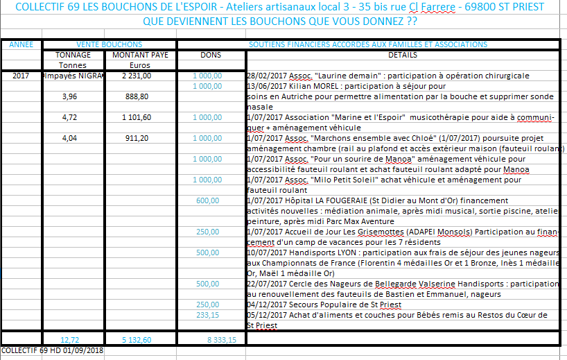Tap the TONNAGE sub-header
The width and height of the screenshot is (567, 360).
pyautogui.click(x=73, y=55)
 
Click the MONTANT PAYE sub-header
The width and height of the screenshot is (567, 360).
pyautogui.click(x=140, y=55)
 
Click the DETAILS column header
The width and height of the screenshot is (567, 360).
pyautogui.click(x=403, y=55)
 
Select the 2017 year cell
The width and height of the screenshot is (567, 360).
pyautogui.click(x=21, y=76)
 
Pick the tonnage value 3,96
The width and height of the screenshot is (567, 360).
pyautogui.click(x=73, y=96)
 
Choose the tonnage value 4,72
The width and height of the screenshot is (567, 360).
pyautogui.click(x=73, y=117)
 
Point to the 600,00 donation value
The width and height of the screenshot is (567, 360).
pyautogui.click(x=208, y=200)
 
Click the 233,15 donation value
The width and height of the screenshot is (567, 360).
pyautogui.click(x=208, y=315)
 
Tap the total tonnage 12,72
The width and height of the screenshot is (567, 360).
pyautogui.click(x=71, y=340)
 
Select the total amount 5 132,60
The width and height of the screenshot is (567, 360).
pyautogui.click(x=137, y=340)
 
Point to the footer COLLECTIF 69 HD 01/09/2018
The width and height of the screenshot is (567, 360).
pyautogui.click(x=53, y=351)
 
